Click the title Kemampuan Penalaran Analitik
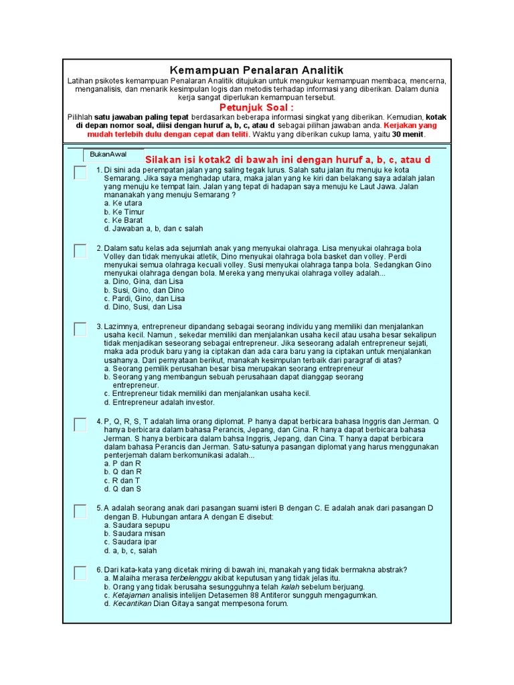(256, 70)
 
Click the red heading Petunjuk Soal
(256, 108)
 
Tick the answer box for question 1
(80, 173)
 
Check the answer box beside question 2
(80, 251)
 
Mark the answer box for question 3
(80, 328)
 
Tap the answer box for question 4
(80, 424)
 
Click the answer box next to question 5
(80, 511)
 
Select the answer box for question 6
(80, 573)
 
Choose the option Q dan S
(122, 489)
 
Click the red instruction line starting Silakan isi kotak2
(287, 161)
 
